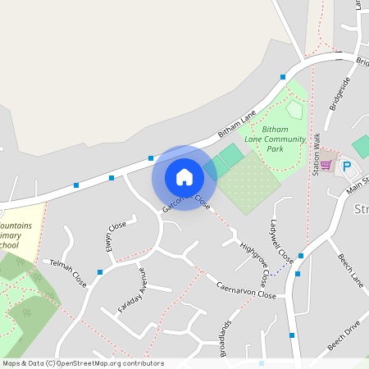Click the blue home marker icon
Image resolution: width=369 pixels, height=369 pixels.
(184, 176)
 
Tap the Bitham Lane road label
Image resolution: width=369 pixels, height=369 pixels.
(237, 123)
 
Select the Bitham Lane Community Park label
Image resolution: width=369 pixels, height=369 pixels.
(284, 139)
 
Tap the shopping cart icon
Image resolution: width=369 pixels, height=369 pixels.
(326, 165)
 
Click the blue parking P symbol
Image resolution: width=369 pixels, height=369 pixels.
(346, 166)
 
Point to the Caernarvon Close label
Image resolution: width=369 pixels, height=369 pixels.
(246, 289)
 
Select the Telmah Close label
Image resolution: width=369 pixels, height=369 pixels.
(68, 274)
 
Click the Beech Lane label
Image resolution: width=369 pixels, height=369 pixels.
(350, 270)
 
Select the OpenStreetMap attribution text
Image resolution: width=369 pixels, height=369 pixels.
(83, 362)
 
